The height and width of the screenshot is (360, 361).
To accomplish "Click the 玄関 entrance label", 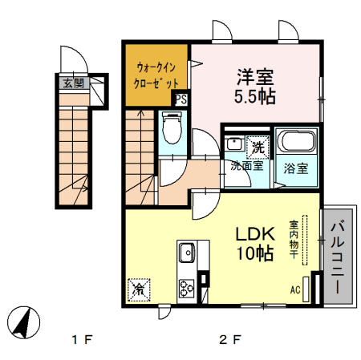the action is (x=74, y=83).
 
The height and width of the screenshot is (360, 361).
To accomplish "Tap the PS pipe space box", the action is (x=181, y=99).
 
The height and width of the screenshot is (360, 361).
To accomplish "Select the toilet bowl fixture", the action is (x=172, y=127).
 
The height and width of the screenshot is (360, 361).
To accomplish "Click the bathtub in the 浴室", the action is (x=296, y=142).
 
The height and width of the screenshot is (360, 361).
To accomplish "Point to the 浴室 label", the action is (x=296, y=168).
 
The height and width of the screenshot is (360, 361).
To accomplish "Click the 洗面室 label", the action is (x=247, y=166).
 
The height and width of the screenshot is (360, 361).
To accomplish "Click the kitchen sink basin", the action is (x=188, y=253).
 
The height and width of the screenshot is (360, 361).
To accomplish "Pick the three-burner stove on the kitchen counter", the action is (x=186, y=289).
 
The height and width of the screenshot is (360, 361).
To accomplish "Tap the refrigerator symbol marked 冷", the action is (x=139, y=289).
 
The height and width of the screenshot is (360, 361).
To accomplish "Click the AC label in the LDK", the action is (x=295, y=289).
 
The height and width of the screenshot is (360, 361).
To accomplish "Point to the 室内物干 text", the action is (x=294, y=240).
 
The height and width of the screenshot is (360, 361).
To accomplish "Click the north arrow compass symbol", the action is (x=23, y=322).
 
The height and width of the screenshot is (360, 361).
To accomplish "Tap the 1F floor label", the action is (x=83, y=340).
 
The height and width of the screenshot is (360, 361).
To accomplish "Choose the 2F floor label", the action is (x=230, y=340).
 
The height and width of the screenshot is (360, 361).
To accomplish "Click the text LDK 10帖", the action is (x=255, y=244).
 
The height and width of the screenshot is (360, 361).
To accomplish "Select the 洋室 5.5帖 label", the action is (x=255, y=87).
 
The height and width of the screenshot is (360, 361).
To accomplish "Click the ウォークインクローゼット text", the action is (x=156, y=75).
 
